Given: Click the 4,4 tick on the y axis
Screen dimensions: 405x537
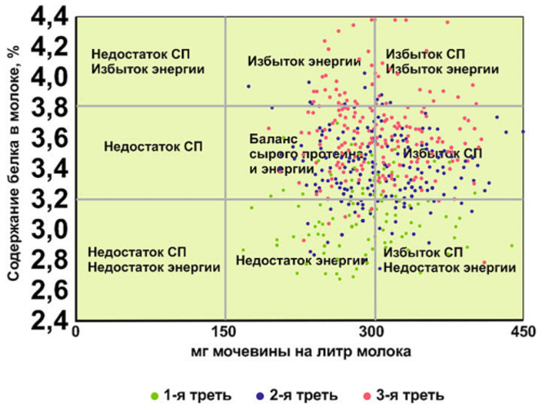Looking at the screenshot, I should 50,17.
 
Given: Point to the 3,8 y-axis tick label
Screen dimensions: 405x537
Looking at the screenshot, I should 50,107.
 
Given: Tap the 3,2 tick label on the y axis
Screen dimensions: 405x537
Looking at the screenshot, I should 50,199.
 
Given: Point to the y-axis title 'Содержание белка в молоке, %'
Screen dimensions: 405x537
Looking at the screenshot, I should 15,163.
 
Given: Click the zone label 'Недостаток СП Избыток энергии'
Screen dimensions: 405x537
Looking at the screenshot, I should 148,60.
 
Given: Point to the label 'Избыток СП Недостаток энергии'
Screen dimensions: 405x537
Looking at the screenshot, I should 449,259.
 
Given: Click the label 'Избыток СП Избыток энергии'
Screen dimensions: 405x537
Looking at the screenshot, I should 437,60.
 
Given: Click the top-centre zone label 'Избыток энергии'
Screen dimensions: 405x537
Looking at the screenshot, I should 304,61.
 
